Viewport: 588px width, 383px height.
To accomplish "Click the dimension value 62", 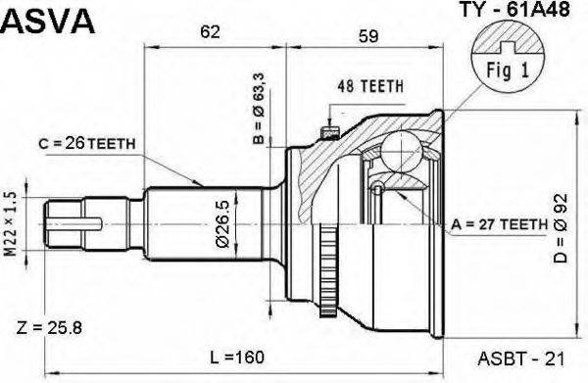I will pos(209,32).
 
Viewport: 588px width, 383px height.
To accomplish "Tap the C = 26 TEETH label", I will pos(89,144).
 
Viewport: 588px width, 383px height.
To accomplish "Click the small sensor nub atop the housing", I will pos(329,125).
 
